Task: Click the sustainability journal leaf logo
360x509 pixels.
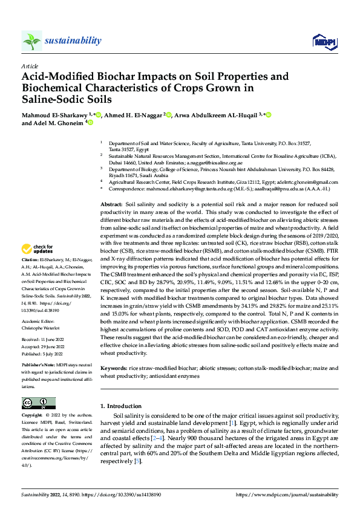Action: (x=31, y=41)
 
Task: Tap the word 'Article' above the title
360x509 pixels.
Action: (x=29, y=66)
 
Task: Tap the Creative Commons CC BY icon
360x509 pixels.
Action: (x=39, y=403)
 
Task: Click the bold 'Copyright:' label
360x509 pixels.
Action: (x=33, y=416)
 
